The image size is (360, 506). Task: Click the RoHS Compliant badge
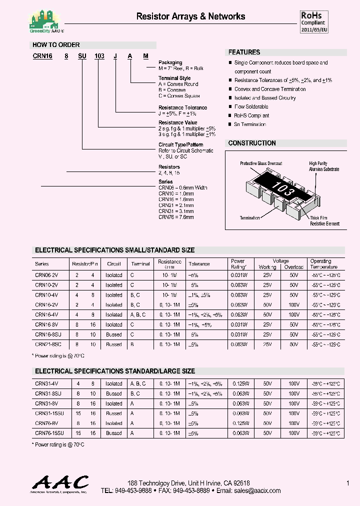(x=313, y=22)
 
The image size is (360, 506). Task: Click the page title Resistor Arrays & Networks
(x=190, y=16)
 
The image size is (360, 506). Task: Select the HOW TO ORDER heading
(x=56, y=45)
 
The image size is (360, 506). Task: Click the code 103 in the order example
(x=99, y=56)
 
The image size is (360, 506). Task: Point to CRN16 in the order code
(x=42, y=56)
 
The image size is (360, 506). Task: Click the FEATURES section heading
(x=244, y=52)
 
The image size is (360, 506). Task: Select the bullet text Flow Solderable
(x=251, y=106)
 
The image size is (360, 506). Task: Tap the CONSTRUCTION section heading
(x=252, y=143)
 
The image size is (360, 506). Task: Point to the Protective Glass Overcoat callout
(x=260, y=163)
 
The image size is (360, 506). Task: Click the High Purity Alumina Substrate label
(x=323, y=166)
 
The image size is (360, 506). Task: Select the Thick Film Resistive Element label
(x=324, y=221)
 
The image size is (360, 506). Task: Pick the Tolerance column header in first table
(x=199, y=264)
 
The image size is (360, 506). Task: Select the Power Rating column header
(x=238, y=263)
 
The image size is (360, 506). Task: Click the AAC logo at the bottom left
(x=60, y=484)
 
